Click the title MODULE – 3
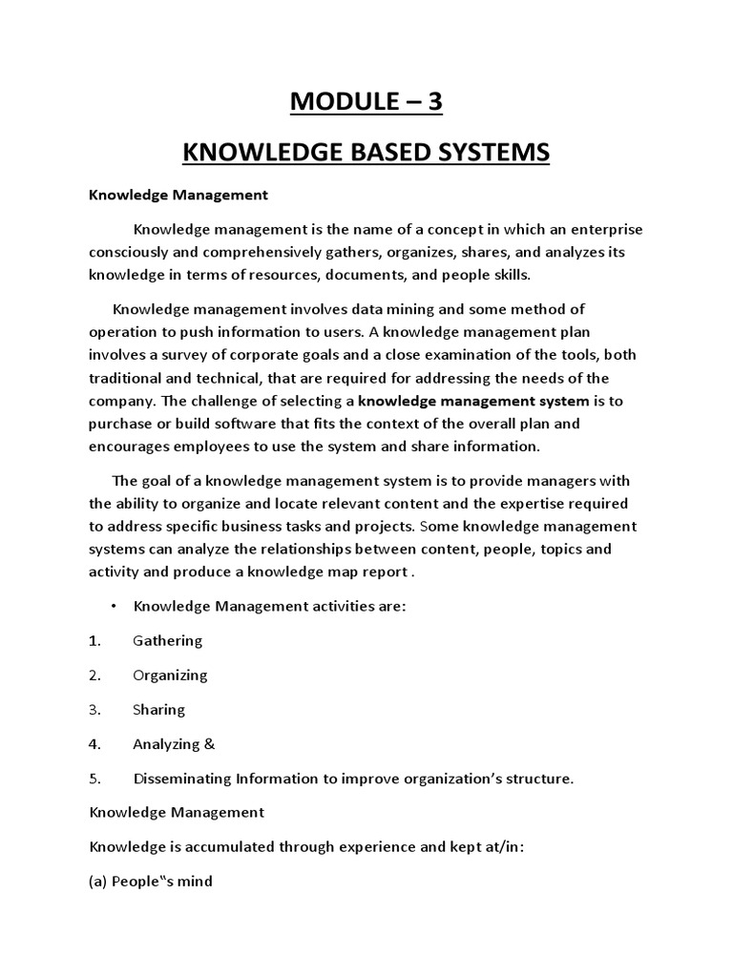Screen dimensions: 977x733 tap(366, 102)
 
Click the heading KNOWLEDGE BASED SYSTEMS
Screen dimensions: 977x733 tap(366, 152)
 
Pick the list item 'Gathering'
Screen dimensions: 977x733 tap(168, 641)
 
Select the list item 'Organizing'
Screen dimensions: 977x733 tap(171, 676)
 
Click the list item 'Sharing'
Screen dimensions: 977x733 tap(159, 710)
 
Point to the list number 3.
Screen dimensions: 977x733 tap(94, 710)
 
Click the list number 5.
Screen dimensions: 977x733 tap(94, 779)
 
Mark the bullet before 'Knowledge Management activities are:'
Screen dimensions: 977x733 tap(114, 607)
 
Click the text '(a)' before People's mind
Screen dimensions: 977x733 tap(98, 882)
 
